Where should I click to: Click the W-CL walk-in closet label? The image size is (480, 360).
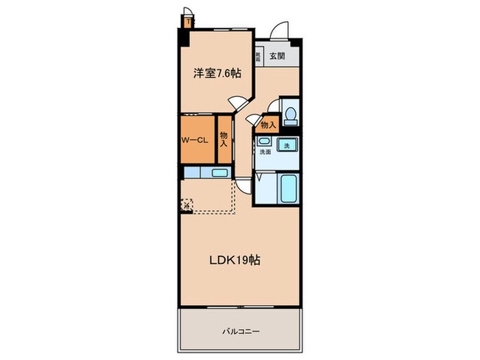pyautogui.click(x=194, y=140)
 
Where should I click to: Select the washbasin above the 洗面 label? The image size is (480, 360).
pyautogui.click(x=264, y=142)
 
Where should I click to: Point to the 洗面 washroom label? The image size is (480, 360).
pyautogui.click(x=265, y=152)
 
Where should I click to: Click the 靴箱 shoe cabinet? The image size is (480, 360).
pyautogui.click(x=259, y=57)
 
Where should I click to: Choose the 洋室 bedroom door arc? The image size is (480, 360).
pyautogui.click(x=238, y=103)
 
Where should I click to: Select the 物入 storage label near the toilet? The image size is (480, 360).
pyautogui.click(x=267, y=124)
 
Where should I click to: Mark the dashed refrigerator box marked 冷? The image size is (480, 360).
pyautogui.click(x=187, y=204)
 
